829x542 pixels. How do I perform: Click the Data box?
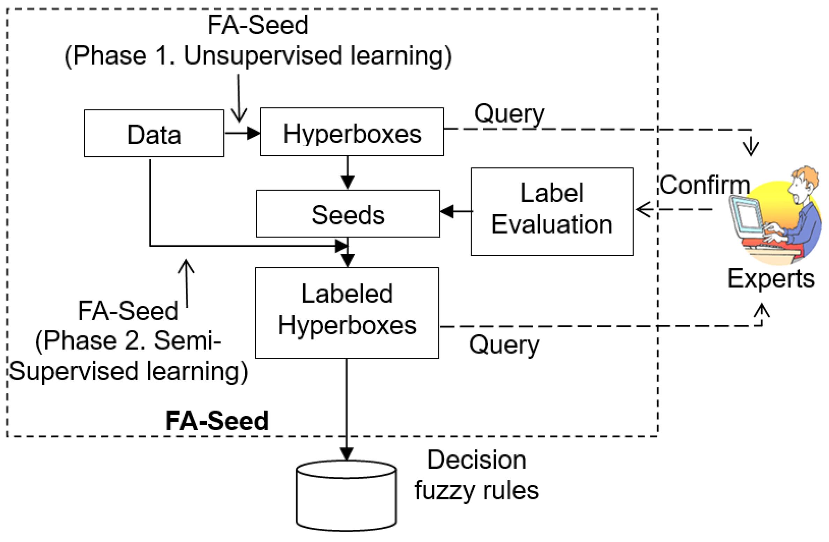(x=154, y=134)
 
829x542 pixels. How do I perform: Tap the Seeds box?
(x=348, y=214)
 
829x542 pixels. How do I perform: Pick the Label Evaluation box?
(x=552, y=212)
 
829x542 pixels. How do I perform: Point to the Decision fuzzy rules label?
(x=476, y=475)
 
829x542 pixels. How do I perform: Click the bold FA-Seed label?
(x=217, y=421)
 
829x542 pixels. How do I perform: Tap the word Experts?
(x=770, y=279)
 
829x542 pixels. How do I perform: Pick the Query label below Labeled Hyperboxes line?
(x=504, y=344)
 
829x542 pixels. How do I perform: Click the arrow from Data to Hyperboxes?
(x=243, y=133)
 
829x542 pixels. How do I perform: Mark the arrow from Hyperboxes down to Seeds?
(x=348, y=173)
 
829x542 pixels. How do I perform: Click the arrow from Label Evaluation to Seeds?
(x=456, y=211)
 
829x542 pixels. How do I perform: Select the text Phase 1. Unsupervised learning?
(x=258, y=56)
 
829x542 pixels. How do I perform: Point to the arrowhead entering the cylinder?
(x=346, y=454)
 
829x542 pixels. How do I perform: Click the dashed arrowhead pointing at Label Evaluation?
(x=643, y=209)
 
